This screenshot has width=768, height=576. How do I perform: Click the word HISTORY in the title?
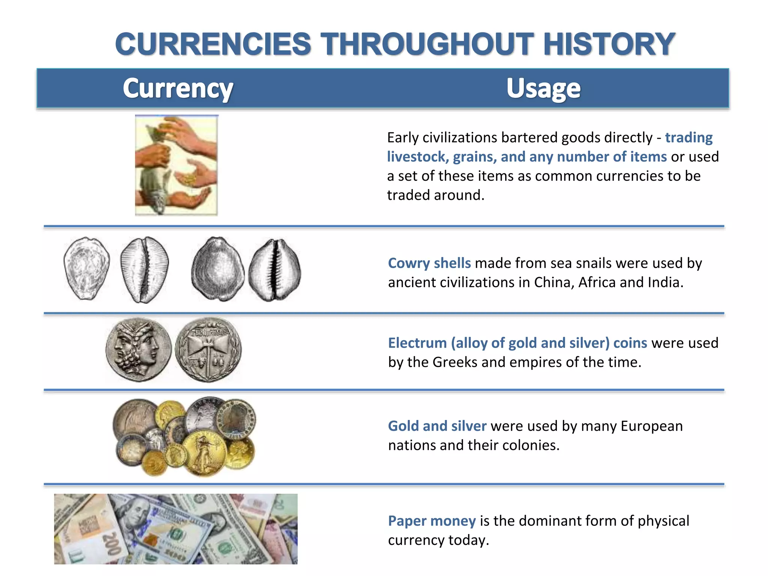(x=609, y=44)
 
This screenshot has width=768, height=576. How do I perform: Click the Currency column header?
(x=178, y=88)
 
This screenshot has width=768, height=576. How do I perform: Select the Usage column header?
(x=543, y=88)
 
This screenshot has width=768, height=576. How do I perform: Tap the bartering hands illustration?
(x=176, y=165)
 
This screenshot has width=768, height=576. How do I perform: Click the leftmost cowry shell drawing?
(x=87, y=268)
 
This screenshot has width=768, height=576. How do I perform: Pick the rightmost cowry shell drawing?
(x=274, y=270)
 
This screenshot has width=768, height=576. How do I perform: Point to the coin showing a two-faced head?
(x=138, y=350)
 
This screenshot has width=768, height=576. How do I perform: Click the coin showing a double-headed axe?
(x=208, y=350)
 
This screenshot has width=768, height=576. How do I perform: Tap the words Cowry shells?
(x=429, y=263)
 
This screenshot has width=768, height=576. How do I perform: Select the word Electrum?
(x=417, y=343)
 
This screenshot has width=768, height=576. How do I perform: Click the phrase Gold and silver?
(x=437, y=426)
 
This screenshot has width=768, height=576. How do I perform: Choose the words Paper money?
(x=432, y=521)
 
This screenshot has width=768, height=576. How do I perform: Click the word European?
(x=651, y=426)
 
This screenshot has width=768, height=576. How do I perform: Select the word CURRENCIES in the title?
(x=213, y=44)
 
